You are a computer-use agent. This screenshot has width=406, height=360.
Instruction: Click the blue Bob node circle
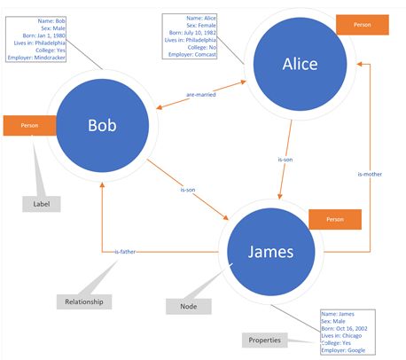pyautogui.click(x=102, y=125)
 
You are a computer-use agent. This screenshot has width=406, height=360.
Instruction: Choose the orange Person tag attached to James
pyautogui.click(x=335, y=219)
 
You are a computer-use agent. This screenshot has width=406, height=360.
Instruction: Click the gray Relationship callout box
pyautogui.click(x=85, y=302)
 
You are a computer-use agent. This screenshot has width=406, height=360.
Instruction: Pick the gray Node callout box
pyautogui.click(x=189, y=306)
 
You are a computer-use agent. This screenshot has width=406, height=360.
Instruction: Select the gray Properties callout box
pyautogui.click(x=266, y=340)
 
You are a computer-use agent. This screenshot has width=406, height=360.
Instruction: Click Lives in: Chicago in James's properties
pyautogui.click(x=342, y=336)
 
